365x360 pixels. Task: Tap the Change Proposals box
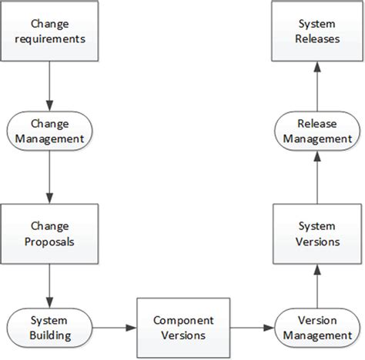coord(49,233)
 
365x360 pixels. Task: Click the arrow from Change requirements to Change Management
coord(49,86)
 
